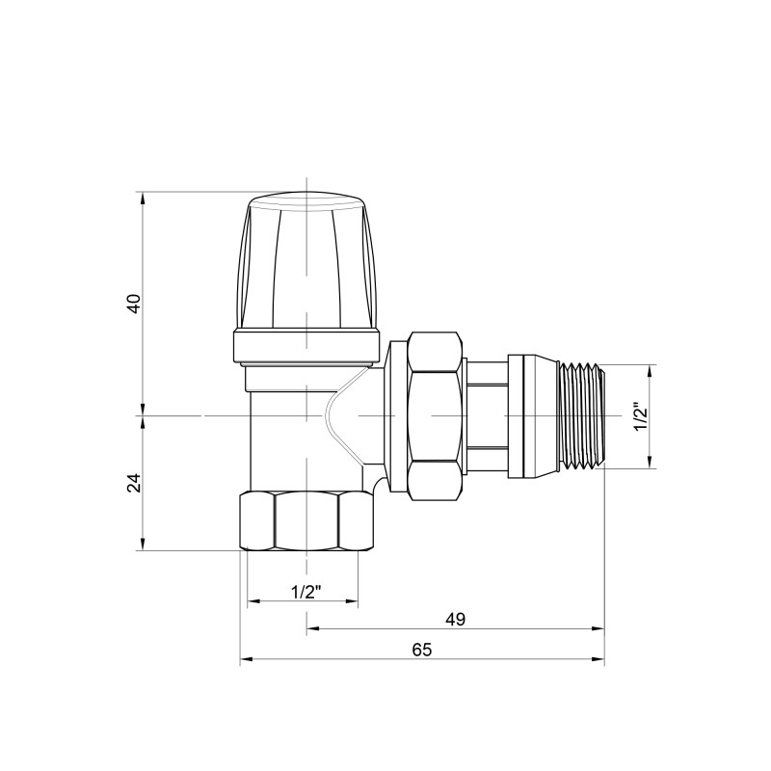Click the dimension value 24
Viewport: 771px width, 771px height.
point(136,483)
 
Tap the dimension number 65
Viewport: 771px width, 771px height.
point(421,650)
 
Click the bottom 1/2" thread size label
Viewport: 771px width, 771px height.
point(305,591)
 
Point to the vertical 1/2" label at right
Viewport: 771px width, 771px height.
point(638,417)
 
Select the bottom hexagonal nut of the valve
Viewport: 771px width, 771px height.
point(306,521)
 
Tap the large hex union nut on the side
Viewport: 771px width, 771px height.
point(434,416)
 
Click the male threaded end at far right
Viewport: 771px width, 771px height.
point(581,416)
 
